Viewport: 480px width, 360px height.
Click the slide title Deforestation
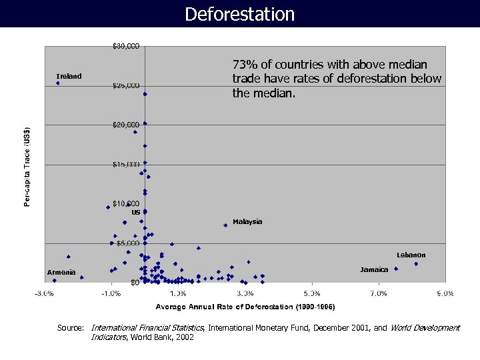click(239, 14)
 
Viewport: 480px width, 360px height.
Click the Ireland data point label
click(69, 76)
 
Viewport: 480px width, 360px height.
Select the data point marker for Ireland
click(58, 83)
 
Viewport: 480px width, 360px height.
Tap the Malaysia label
click(247, 221)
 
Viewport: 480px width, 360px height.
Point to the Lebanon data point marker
click(416, 264)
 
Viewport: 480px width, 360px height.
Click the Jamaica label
click(374, 270)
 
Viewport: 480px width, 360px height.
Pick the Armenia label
click(61, 272)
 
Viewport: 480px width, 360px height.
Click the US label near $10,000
click(135, 212)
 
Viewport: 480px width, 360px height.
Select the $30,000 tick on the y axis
click(125, 47)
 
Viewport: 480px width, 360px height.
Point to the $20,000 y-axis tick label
click(125, 125)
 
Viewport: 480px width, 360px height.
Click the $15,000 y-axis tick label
click(125, 164)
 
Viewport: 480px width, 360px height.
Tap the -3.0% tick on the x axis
click(45, 293)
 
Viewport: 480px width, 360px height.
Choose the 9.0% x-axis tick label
click(445, 293)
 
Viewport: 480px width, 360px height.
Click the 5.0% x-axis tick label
click(311, 293)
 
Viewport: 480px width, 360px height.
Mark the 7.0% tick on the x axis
click(378, 293)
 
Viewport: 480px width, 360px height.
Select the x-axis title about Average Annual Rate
click(245, 307)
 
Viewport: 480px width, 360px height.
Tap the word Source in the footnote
click(70, 328)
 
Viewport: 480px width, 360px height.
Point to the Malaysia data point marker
click(225, 225)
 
